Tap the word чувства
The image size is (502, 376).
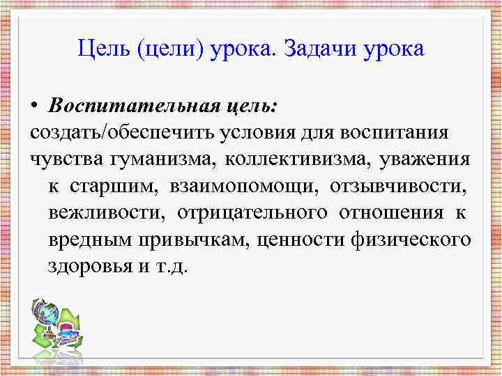point(66,159)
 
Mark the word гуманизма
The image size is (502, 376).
point(161,159)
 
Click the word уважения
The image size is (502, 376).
point(425,159)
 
